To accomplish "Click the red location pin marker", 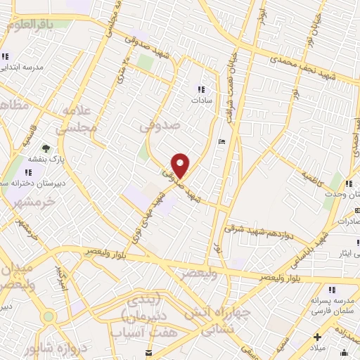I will pyautogui.click(x=181, y=165).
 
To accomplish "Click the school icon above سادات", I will pyautogui.click(x=201, y=89).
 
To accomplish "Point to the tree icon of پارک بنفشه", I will pyautogui.click(x=46, y=148).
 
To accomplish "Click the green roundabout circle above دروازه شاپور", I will pyautogui.click(x=48, y=317).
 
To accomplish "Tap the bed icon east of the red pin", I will pyautogui.click(x=221, y=141).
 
